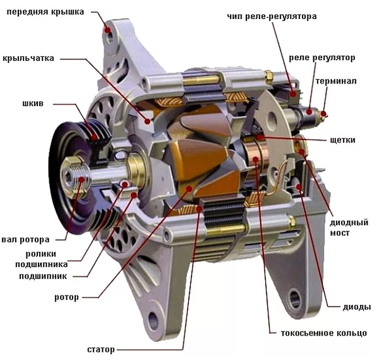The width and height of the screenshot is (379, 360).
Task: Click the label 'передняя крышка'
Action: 45,12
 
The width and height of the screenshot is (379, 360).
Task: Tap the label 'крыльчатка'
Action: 28,58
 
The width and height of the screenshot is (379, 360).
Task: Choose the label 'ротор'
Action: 67,297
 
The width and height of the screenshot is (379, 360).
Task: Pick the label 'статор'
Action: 101,349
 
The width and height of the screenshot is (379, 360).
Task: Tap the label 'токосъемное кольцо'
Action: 324,333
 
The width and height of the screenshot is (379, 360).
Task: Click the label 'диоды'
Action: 356,307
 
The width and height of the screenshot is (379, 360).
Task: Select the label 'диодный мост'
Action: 349,227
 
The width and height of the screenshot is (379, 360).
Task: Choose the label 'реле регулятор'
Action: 322,58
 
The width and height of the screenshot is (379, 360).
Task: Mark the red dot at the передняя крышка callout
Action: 108,30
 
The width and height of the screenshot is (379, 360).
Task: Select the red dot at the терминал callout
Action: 323,113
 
